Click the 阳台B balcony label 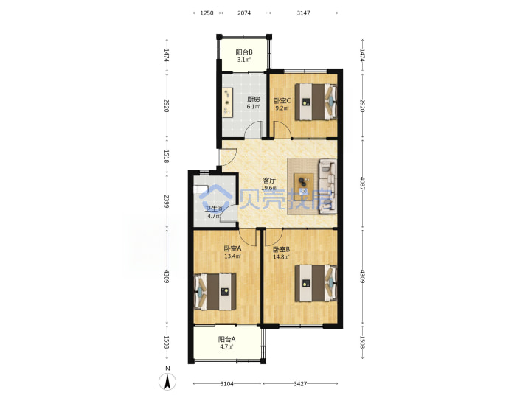(x=244, y=52)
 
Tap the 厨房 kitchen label (x=253, y=99)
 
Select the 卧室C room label (x=282, y=100)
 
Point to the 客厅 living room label (x=269, y=181)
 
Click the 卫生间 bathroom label (x=214, y=209)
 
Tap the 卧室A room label (x=232, y=248)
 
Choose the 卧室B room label (x=282, y=249)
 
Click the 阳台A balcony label (x=226, y=339)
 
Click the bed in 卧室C (x=316, y=102)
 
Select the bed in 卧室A (x=215, y=292)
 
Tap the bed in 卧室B (x=316, y=283)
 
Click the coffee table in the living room (x=304, y=184)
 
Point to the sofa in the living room (x=327, y=186)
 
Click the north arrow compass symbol (x=167, y=382)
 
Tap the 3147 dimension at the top (x=303, y=13)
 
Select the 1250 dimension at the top (x=206, y=13)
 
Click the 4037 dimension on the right (x=362, y=183)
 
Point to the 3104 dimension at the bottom (x=226, y=383)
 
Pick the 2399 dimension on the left (x=167, y=201)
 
